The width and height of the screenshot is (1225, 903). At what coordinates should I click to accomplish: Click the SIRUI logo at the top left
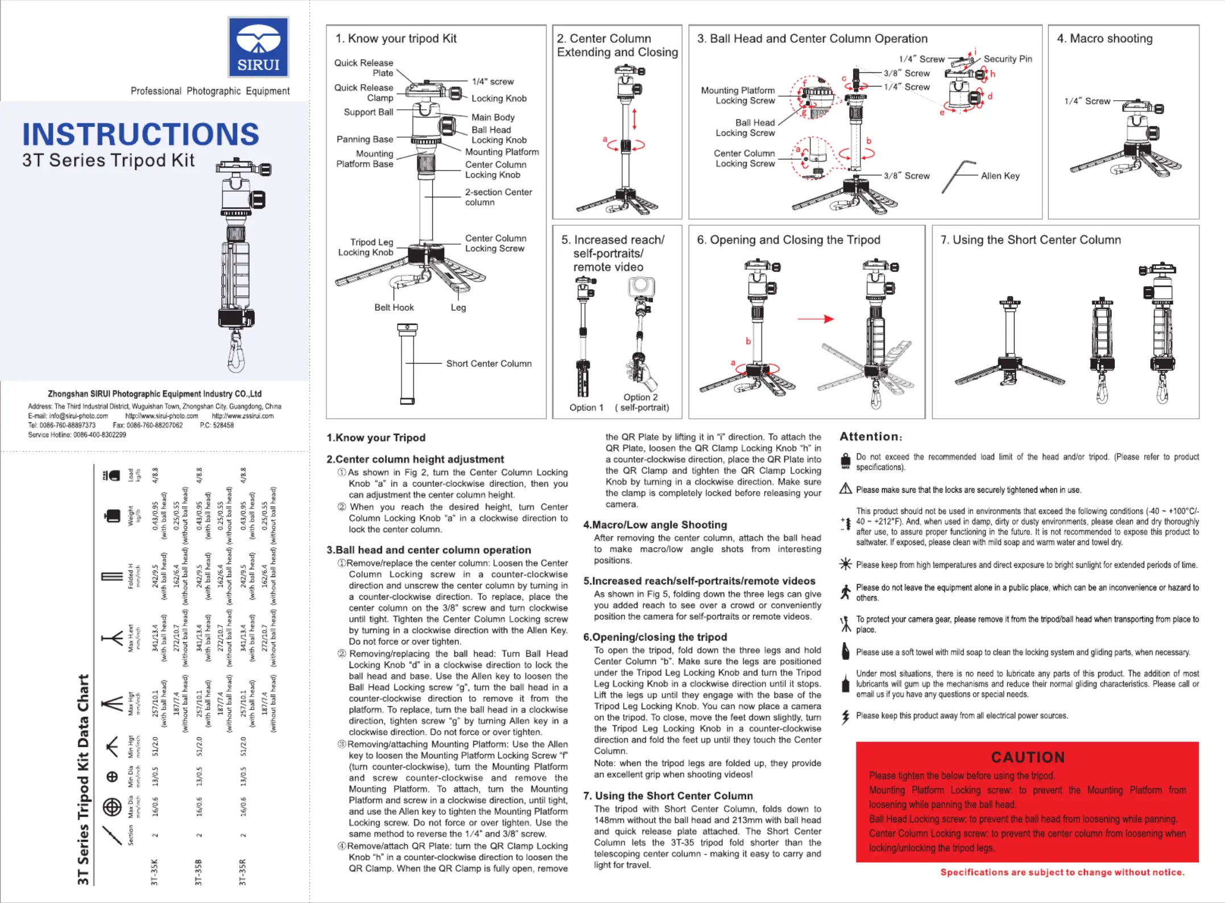point(258,47)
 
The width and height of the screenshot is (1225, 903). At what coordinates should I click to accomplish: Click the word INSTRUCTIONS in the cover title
point(140,134)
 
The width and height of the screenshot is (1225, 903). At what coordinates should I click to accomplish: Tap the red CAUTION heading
point(1028,757)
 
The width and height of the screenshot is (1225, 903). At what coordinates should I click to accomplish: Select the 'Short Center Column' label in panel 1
point(489,364)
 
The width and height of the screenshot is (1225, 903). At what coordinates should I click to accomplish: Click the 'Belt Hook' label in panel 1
point(394,307)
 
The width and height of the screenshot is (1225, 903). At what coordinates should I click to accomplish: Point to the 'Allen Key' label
point(1000,176)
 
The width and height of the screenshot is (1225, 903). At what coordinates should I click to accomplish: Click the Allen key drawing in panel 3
point(958,176)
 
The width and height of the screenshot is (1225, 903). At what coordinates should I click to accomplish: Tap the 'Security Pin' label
point(1007,59)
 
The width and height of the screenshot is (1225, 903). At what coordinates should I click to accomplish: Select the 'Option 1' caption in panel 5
point(586,407)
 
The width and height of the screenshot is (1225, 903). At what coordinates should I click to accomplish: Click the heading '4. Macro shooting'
point(1104,39)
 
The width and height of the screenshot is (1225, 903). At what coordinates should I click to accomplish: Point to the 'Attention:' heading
point(871,436)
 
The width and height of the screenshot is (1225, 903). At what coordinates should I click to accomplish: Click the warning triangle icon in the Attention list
point(846,489)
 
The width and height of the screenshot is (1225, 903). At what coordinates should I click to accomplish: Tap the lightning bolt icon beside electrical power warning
point(846,717)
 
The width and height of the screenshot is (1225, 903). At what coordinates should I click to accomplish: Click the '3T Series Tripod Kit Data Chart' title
point(83,780)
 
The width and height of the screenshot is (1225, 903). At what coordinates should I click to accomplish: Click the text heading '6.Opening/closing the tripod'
point(655,637)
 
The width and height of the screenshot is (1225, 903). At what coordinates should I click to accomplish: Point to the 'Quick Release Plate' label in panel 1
point(364,68)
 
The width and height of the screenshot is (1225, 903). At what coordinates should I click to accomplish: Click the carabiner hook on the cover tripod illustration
point(236,353)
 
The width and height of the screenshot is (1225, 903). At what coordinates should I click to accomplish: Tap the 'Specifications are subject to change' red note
point(1062,872)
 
